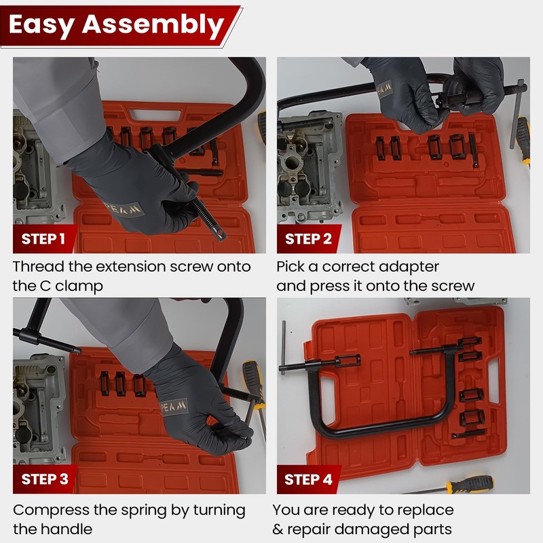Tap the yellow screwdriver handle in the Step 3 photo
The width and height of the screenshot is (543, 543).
pos(252,377)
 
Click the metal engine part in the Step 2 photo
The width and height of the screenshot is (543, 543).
pos(305,163)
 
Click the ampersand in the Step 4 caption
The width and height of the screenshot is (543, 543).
pos(280,529)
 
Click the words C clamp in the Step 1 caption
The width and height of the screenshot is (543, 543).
pos(71,286)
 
